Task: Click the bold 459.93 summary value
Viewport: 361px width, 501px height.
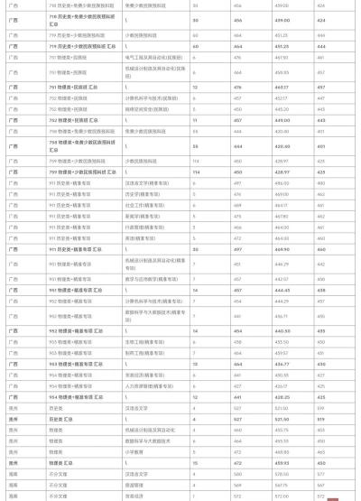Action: tap(282, 462)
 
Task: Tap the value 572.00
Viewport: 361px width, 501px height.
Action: tap(282, 495)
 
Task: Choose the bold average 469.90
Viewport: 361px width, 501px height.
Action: tap(282, 248)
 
